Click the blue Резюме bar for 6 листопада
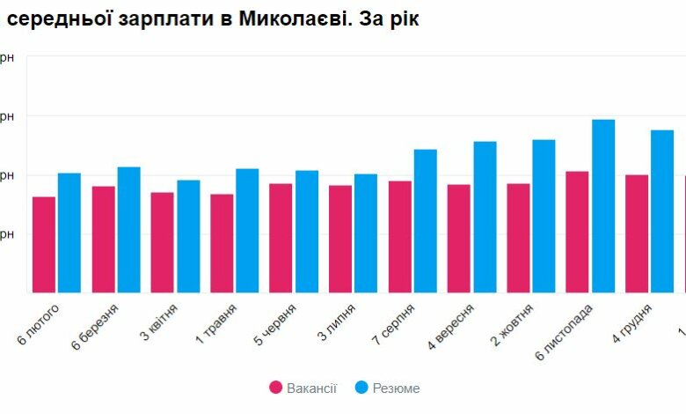click(x=603, y=206)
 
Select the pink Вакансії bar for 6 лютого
click(x=44, y=245)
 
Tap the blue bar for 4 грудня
click(x=662, y=211)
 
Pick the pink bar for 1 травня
click(x=222, y=243)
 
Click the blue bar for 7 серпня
click(x=426, y=221)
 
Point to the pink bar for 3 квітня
click(x=162, y=242)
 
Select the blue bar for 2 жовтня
click(x=544, y=216)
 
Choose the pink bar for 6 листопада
click(x=577, y=232)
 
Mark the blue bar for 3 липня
click(x=366, y=233)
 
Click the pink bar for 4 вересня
click(x=459, y=239)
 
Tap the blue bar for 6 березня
click(x=128, y=230)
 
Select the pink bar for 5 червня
click(x=281, y=238)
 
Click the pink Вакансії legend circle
click(x=275, y=388)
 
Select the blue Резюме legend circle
click(x=360, y=388)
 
